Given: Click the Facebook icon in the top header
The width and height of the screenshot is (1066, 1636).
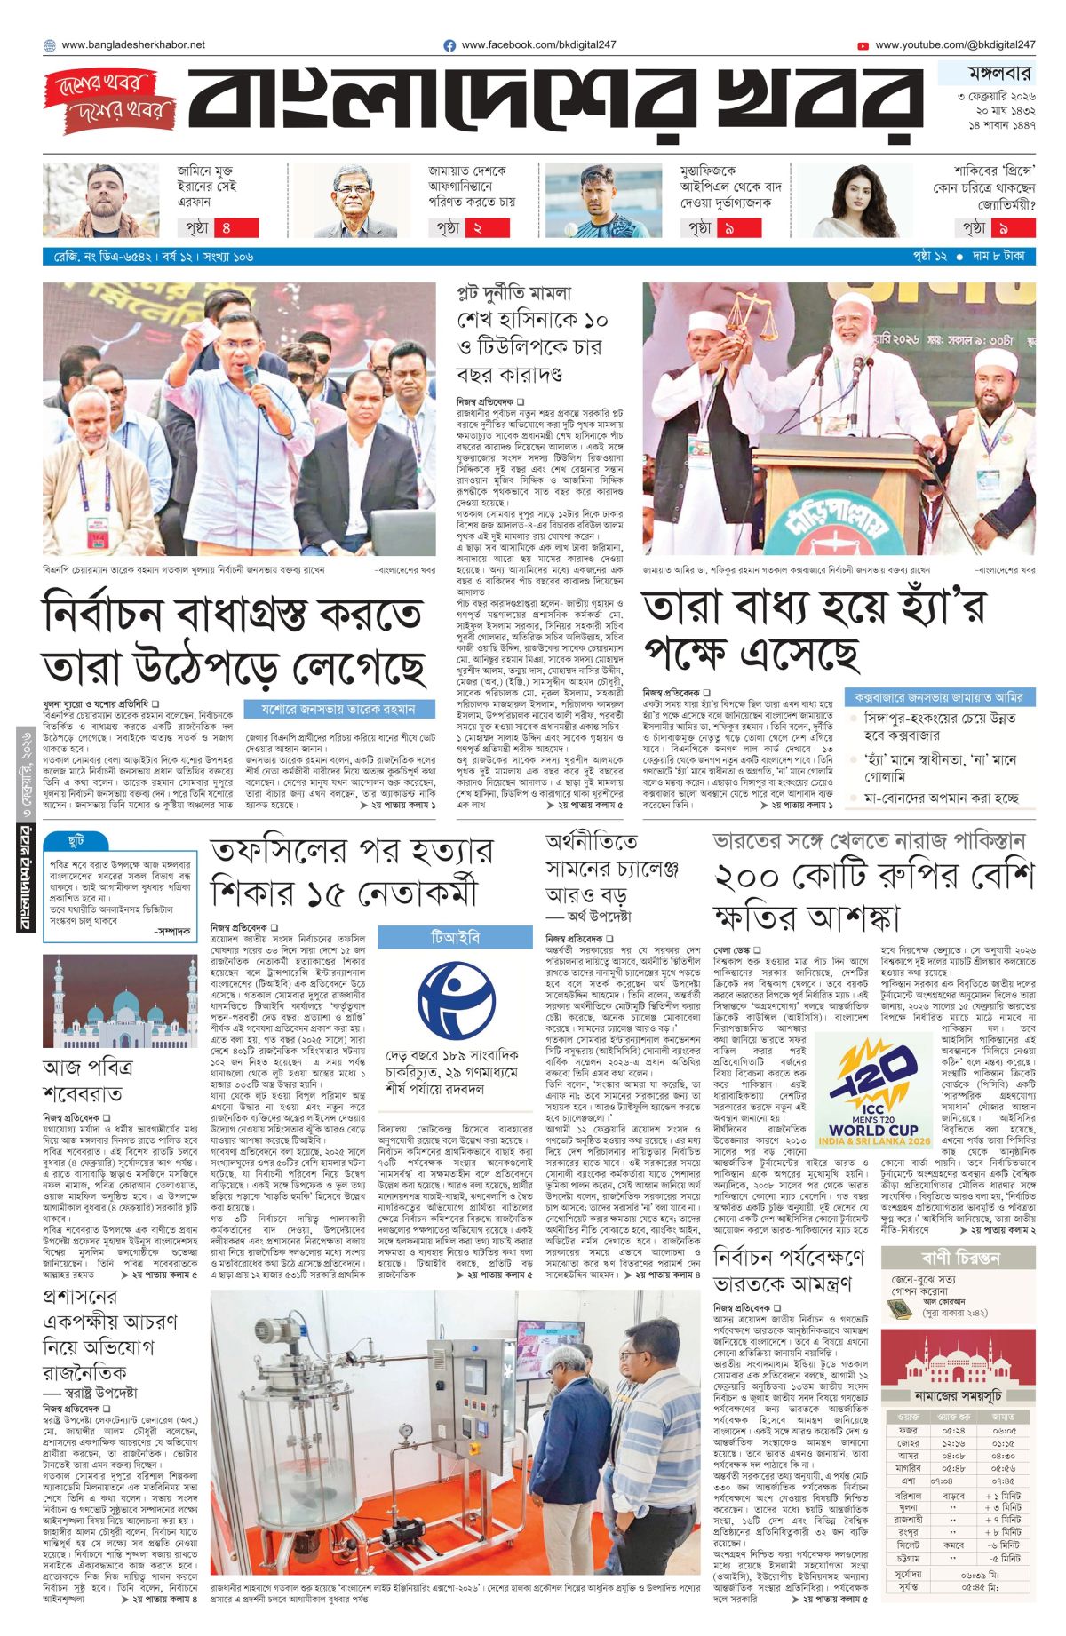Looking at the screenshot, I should pyautogui.click(x=449, y=45).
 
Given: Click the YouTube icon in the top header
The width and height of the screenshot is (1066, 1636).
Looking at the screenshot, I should pyautogui.click(x=863, y=45).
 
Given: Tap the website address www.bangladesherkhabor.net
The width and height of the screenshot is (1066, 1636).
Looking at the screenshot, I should pyautogui.click(x=133, y=44).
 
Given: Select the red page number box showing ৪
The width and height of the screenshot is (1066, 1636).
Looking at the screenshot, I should pyautogui.click(x=236, y=227).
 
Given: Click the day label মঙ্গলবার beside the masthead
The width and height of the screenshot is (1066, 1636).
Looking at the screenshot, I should pyautogui.click(x=987, y=74).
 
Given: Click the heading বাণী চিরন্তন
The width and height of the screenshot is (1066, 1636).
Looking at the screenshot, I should pyautogui.click(x=960, y=1258).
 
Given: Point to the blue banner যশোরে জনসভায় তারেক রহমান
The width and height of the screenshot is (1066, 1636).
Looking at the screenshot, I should pyautogui.click(x=338, y=709).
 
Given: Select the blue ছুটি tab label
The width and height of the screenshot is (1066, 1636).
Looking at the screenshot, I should pyautogui.click(x=76, y=839).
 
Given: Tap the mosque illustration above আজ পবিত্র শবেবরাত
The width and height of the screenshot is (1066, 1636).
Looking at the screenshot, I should pyautogui.click(x=107, y=1004).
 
